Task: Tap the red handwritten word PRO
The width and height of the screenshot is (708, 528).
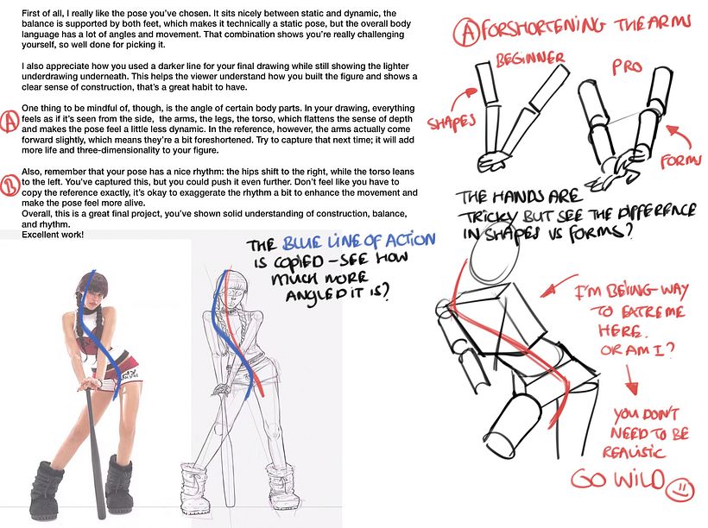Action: point(627,66)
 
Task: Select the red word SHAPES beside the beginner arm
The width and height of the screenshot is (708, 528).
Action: point(451,122)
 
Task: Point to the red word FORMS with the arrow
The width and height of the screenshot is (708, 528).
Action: point(680,160)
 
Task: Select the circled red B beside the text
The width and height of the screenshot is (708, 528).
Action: point(9,185)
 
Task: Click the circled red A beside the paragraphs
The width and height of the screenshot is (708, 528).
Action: point(9,121)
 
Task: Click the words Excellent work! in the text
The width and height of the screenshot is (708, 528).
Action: point(53,235)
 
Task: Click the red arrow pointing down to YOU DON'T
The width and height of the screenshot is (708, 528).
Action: point(631,380)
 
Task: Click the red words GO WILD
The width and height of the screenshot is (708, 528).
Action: point(618,480)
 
